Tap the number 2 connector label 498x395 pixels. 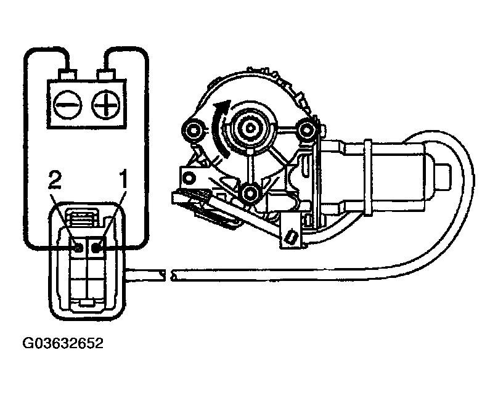[x=55, y=182]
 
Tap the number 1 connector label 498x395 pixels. [x=122, y=182]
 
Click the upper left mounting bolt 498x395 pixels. [x=195, y=130]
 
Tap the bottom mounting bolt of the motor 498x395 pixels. [x=250, y=194]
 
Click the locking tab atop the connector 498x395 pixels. [x=83, y=216]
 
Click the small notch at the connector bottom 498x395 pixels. [x=87, y=303]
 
